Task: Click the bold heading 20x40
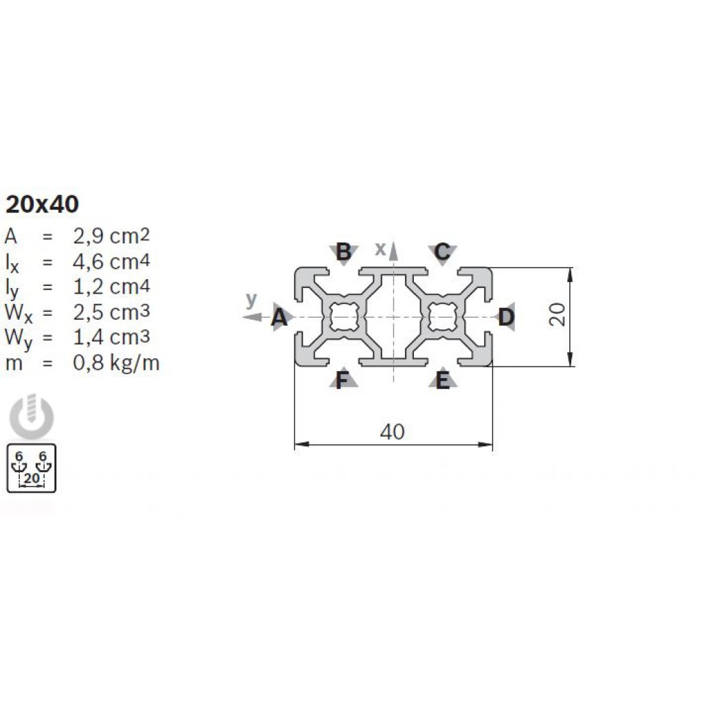[x=42, y=204]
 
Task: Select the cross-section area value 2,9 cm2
[x=111, y=235]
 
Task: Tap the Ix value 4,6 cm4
[x=111, y=261]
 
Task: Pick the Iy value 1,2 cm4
[x=111, y=287]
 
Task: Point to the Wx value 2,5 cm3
[x=111, y=311]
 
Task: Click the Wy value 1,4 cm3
[x=111, y=337]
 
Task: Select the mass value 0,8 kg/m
[x=116, y=363]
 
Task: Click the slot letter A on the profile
[x=279, y=318]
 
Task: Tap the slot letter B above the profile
[x=344, y=252]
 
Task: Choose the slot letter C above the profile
[x=442, y=252]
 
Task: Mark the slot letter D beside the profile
[x=506, y=318]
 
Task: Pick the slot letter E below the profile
[x=443, y=381]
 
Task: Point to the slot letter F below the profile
[x=342, y=381]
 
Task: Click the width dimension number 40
[x=393, y=432]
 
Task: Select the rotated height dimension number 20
[x=557, y=314]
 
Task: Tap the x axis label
[x=380, y=249]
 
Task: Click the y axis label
[x=252, y=300]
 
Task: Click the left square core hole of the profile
[x=344, y=317]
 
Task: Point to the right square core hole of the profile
[x=443, y=317]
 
